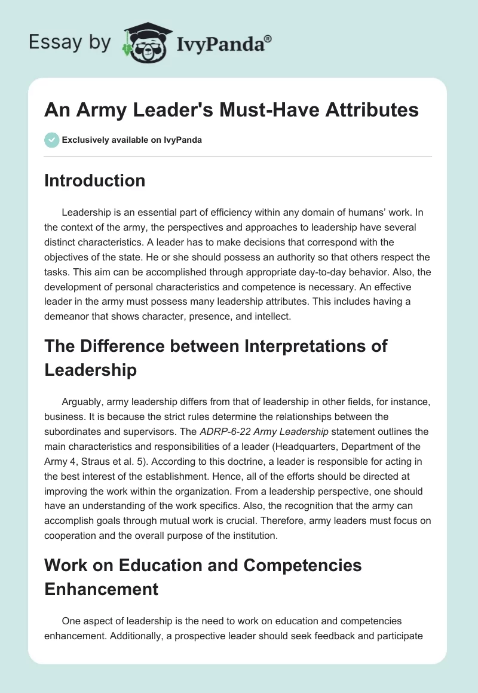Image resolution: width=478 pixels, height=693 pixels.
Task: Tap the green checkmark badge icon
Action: tap(51, 140)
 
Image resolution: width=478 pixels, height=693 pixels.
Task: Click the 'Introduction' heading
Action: tap(94, 180)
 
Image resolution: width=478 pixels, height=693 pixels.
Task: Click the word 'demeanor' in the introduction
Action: tap(71, 317)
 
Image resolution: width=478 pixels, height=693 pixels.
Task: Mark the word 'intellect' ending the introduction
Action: tap(271, 317)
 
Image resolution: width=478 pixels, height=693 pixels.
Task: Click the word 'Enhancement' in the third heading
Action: tap(101, 588)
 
